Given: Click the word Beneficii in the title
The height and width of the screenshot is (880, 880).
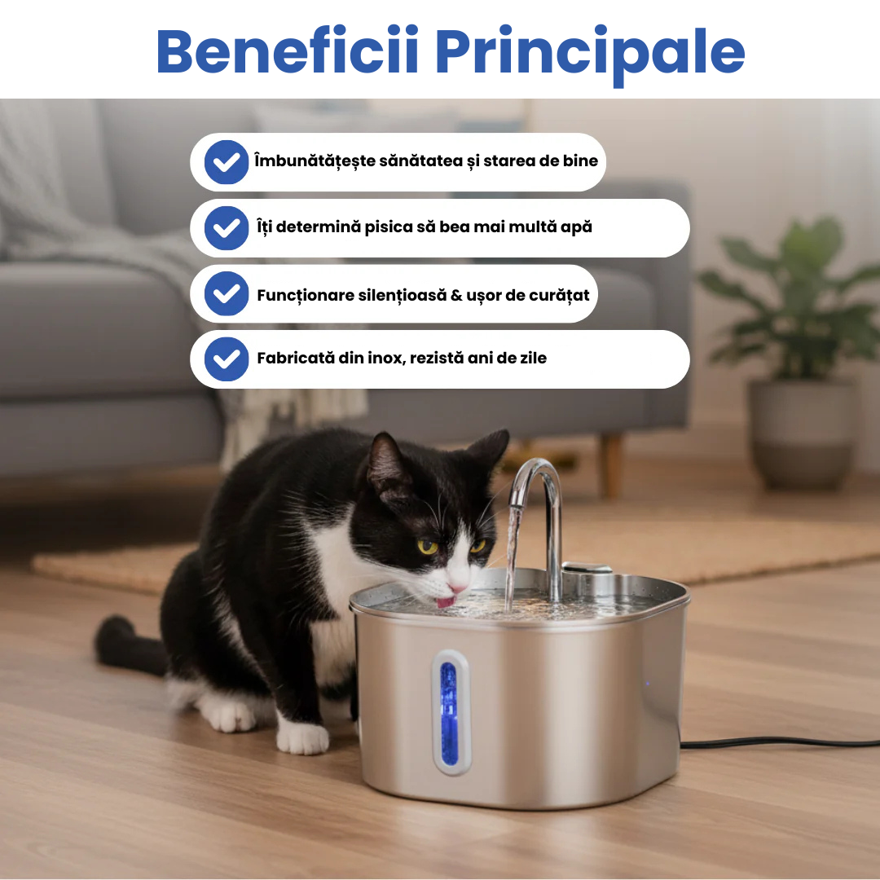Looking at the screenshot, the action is (288, 51).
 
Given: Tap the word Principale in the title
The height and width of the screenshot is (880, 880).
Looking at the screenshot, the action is (590, 55).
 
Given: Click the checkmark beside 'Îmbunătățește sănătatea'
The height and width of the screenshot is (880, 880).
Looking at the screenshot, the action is (227, 162).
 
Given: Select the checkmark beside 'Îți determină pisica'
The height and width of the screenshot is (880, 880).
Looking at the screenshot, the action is (227, 228).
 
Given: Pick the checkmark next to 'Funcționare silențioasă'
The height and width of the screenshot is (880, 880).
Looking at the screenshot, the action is (227, 293).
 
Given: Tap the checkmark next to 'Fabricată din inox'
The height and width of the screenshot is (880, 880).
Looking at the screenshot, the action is (227, 359).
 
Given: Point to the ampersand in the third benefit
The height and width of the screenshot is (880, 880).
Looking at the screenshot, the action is (456, 295).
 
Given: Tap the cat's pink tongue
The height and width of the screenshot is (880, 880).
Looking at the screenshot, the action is (446, 602).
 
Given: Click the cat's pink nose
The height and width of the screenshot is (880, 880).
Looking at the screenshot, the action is (457, 588).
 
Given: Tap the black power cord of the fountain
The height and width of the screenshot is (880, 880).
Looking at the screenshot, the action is (780, 742).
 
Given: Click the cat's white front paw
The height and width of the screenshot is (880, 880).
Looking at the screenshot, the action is (302, 737).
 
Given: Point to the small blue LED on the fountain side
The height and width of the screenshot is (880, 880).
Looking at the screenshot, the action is (648, 684).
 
